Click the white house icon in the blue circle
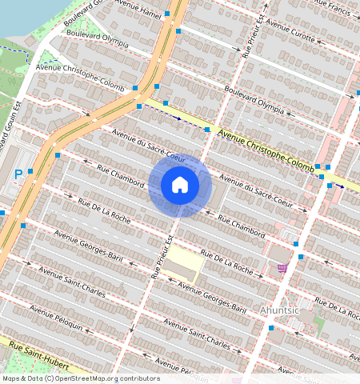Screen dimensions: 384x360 (180, 186)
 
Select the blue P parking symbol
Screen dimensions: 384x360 (18, 174)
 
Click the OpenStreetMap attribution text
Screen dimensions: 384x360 (81, 378)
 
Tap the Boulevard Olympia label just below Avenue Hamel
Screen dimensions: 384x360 (98, 36)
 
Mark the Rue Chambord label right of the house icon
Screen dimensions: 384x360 (241, 226)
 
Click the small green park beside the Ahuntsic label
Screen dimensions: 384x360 (319, 326)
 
